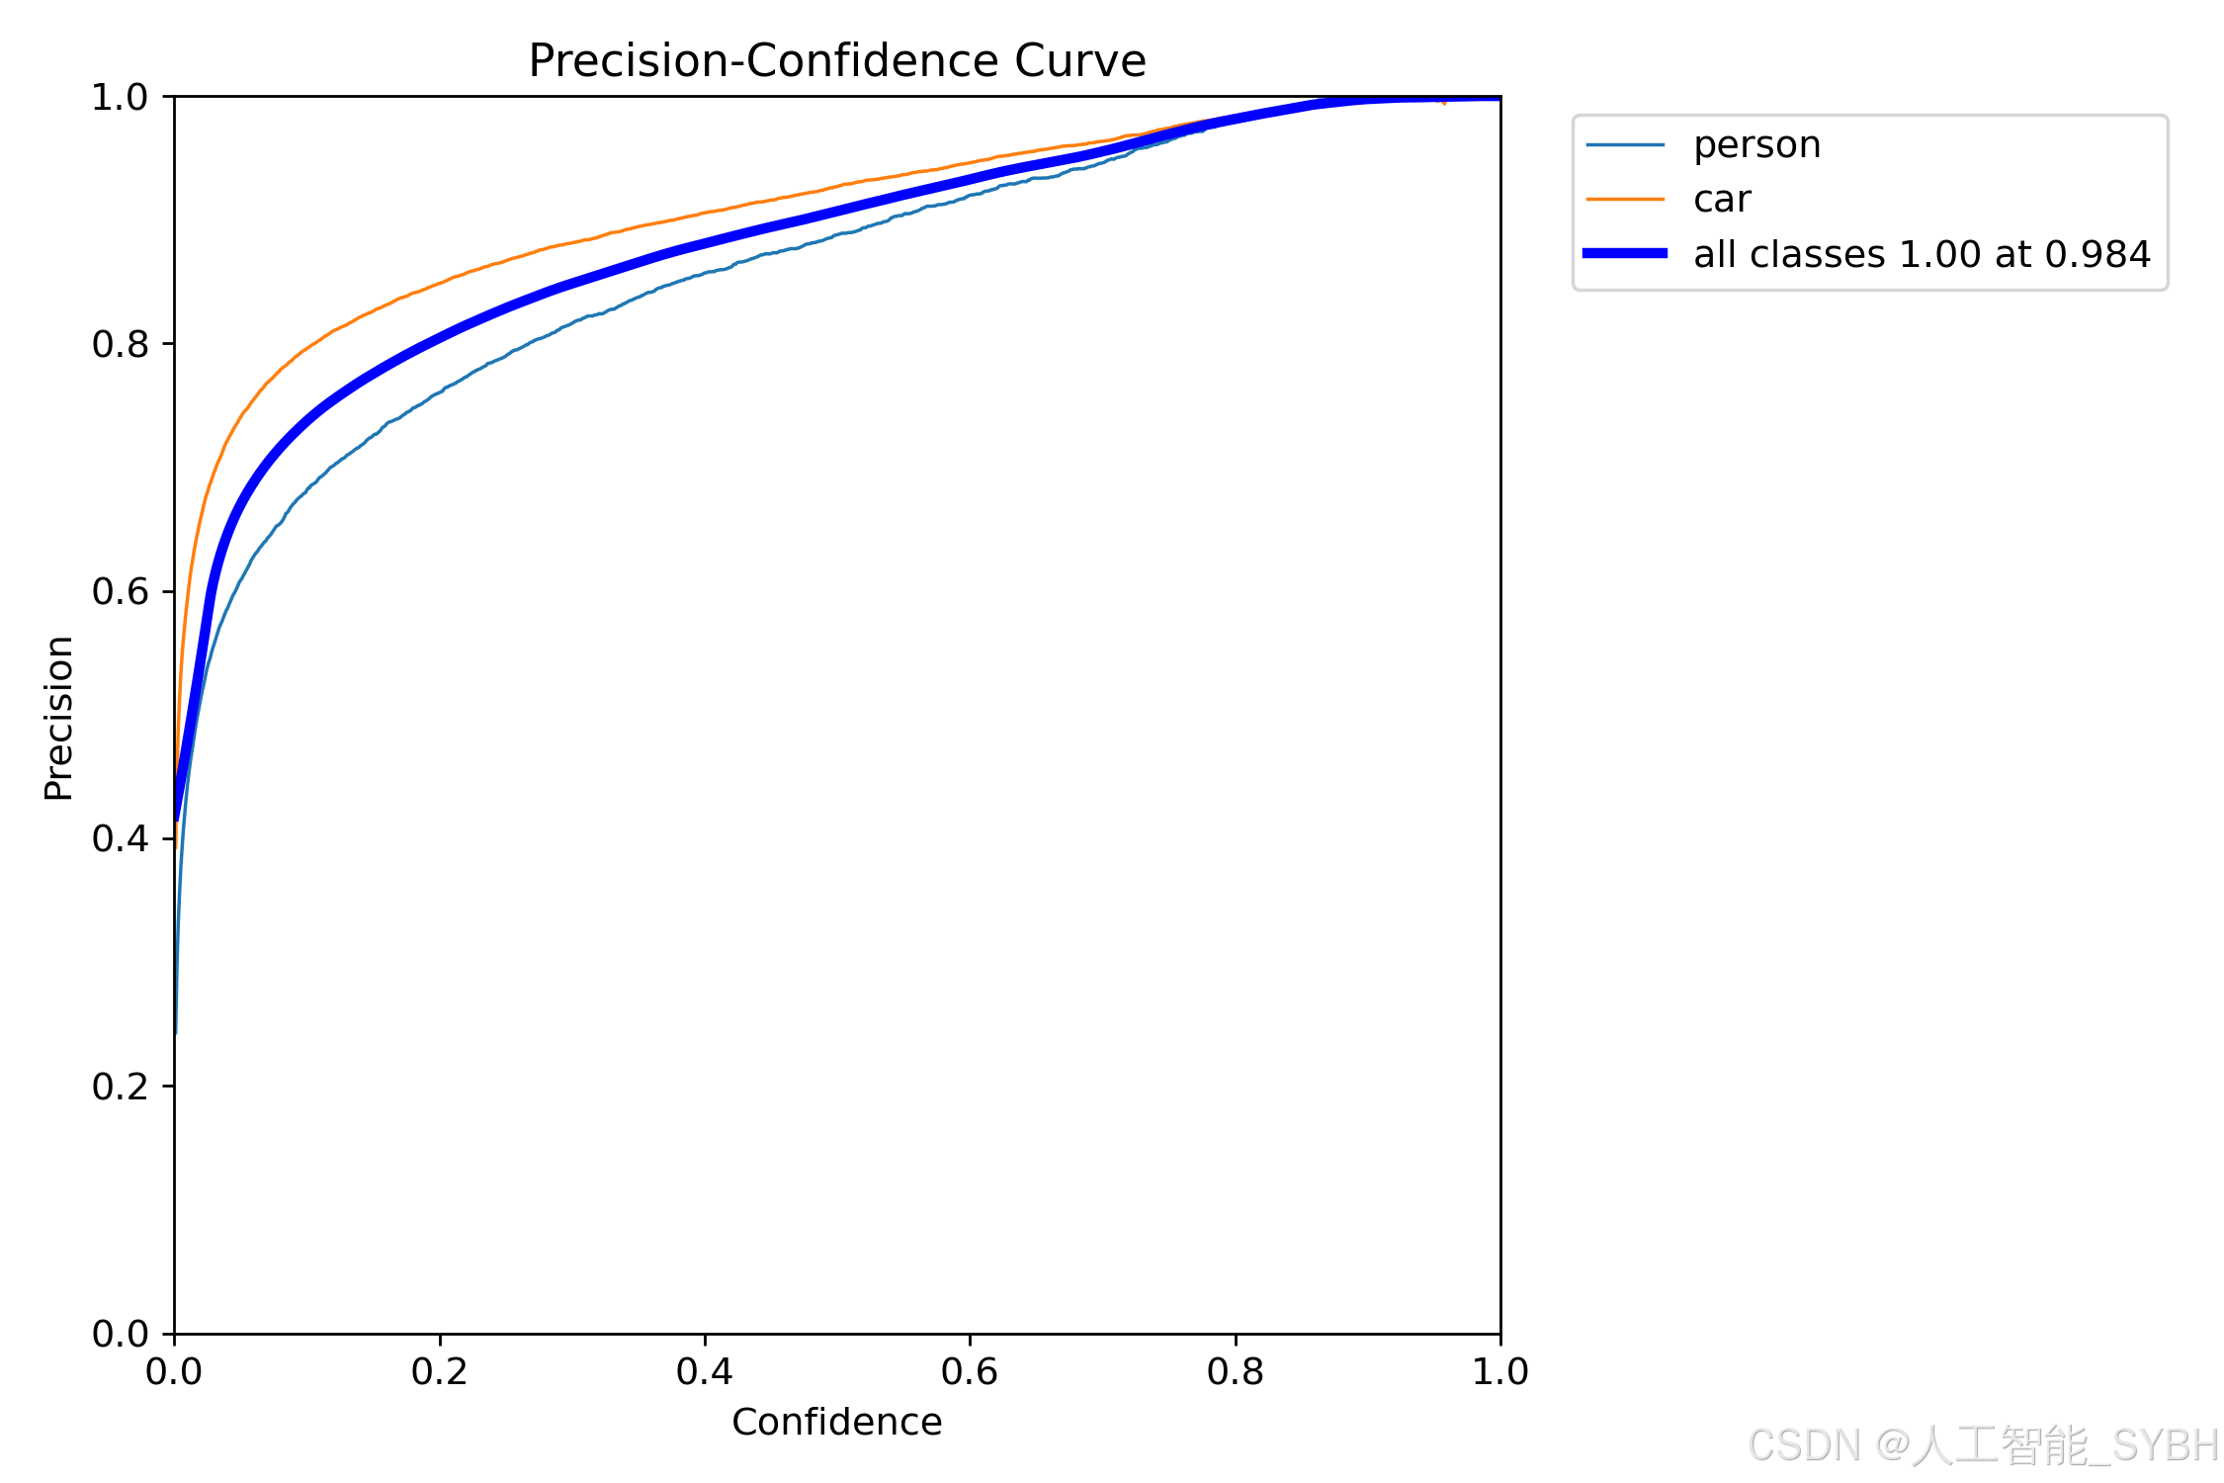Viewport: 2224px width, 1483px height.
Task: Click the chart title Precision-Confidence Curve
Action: click(x=836, y=61)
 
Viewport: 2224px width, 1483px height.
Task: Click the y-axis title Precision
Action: click(x=58, y=718)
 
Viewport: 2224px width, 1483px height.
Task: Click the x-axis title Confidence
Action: click(x=836, y=1422)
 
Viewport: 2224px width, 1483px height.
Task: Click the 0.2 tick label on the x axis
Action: click(x=440, y=1371)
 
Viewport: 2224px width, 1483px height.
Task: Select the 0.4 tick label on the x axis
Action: click(x=705, y=1371)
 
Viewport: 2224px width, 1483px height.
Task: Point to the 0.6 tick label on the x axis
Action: click(x=970, y=1371)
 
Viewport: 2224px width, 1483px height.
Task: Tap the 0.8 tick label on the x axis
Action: click(x=1235, y=1371)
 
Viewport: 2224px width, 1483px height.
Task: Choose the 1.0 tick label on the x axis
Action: click(x=1499, y=1371)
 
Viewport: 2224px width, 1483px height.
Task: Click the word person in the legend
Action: click(x=1756, y=145)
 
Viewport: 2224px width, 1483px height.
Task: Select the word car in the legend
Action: click(x=1722, y=200)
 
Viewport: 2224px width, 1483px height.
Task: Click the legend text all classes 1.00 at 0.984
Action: click(x=1922, y=254)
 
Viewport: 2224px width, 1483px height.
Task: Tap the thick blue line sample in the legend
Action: click(x=1625, y=254)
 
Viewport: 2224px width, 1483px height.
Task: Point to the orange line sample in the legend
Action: click(x=1625, y=200)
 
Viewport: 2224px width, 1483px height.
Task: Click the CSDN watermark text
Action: click(x=1982, y=1445)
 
